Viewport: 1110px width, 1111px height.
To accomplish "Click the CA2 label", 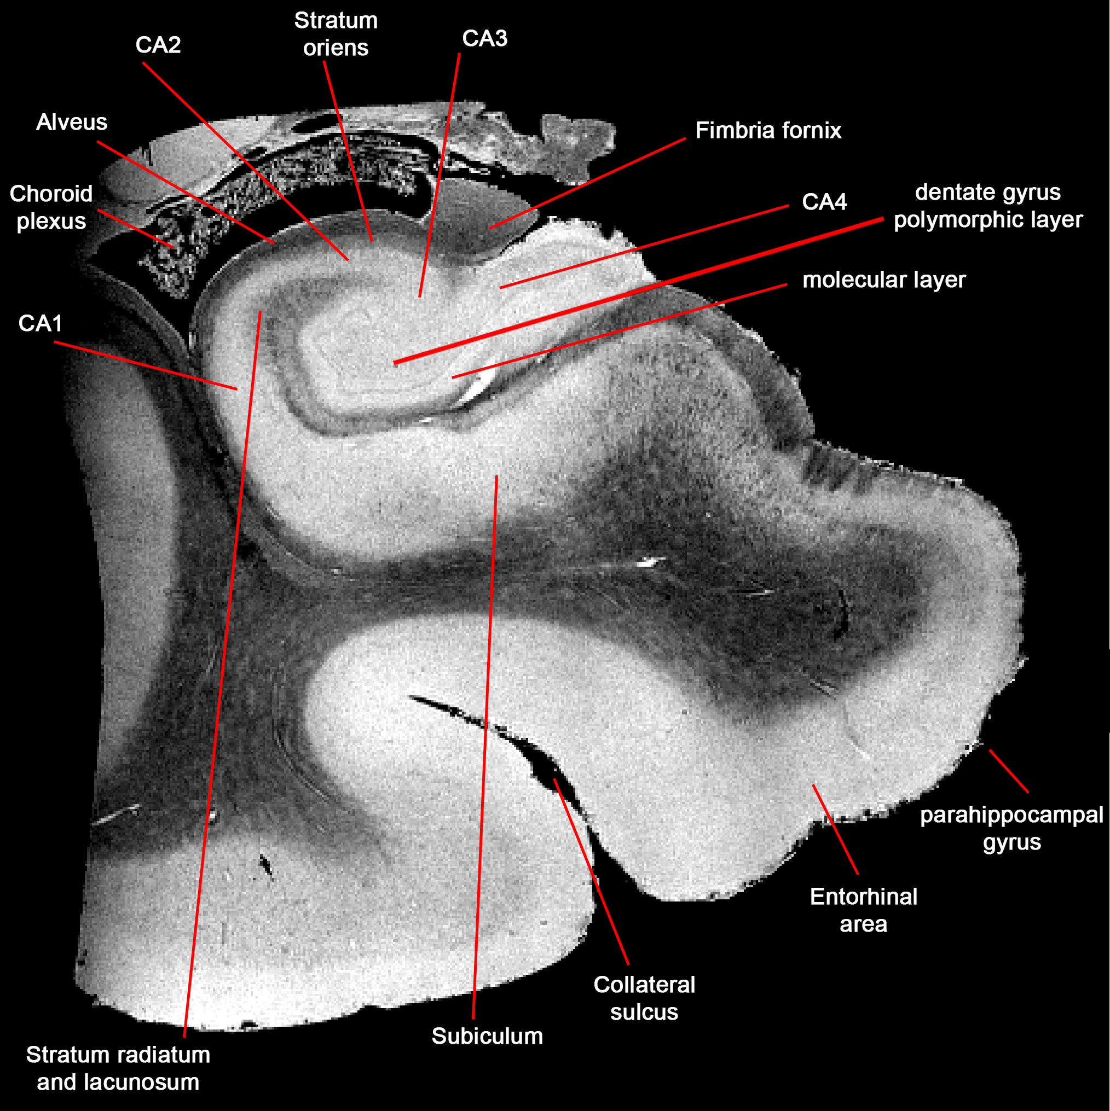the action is point(158,45).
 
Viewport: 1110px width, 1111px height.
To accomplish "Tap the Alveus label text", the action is point(72,122).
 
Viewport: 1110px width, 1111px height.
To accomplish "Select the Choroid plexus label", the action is point(51,207).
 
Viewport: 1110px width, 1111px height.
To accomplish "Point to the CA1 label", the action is point(41,323).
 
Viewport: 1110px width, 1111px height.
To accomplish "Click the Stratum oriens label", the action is point(336,34).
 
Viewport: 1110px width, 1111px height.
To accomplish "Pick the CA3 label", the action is point(484,38).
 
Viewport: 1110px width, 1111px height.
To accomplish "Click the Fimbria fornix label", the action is point(768,131).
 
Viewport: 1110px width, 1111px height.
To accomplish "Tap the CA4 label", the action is point(824,202).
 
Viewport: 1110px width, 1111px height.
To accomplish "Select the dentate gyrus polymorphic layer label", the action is point(987,206).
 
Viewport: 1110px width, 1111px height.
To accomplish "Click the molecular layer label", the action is point(884,280).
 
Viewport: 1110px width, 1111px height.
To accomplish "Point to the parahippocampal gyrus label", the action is point(1011,828).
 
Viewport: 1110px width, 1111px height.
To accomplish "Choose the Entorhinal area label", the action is point(863,910).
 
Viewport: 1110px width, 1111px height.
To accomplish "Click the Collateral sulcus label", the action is point(644,998).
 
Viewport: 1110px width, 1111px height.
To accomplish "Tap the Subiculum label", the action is point(487,1036).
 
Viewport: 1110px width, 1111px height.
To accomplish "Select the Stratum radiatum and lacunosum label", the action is point(118,1068).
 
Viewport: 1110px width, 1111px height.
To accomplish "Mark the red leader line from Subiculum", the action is point(484,748).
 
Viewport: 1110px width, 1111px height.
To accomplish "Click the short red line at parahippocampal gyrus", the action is point(1009,771).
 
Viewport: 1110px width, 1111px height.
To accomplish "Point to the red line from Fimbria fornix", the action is point(587,183).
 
